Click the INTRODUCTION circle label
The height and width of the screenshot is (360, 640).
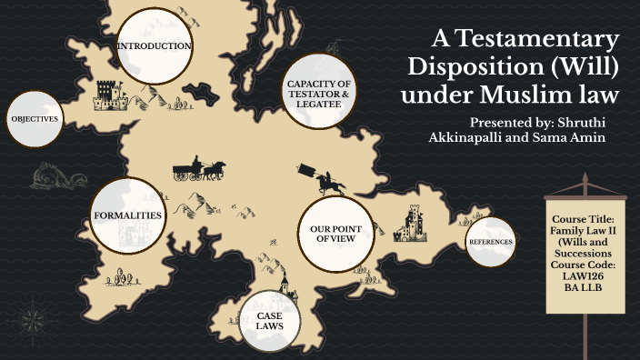(154, 45)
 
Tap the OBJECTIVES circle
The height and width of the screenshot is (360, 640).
(35, 119)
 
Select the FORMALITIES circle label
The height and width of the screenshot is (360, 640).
(128, 215)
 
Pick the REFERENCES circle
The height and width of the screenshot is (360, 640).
(490, 242)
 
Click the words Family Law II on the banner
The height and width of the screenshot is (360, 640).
(583, 232)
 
